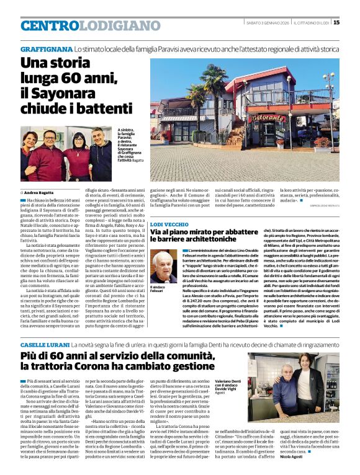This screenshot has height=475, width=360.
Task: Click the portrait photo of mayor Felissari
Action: pyautogui.click(x=163, y=266)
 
